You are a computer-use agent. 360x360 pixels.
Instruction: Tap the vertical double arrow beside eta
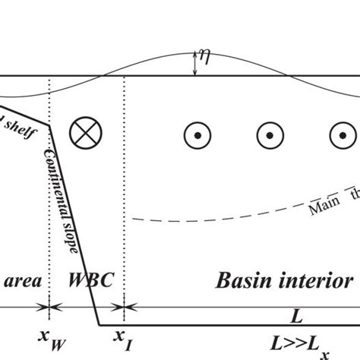pyautogui.click(x=196, y=63)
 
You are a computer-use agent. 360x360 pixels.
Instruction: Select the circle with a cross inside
pyautogui.click(x=82, y=134)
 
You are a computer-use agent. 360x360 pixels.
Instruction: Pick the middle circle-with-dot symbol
pyautogui.click(x=269, y=135)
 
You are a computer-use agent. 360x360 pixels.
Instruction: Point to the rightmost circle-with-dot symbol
pyautogui.click(x=339, y=135)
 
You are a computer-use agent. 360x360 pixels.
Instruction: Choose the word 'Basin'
pyautogui.click(x=243, y=280)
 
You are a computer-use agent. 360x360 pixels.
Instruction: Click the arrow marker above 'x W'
pyautogui.click(x=50, y=308)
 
